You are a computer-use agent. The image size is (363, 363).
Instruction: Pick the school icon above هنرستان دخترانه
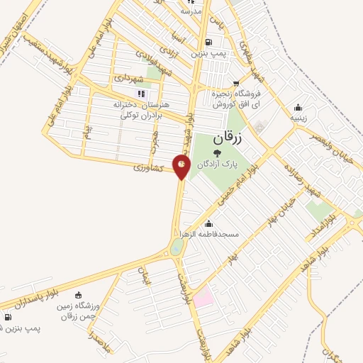(141, 94)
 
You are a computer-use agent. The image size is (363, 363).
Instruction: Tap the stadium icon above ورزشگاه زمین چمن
(77, 295)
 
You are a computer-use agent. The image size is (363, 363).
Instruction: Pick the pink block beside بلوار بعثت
(203, 296)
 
